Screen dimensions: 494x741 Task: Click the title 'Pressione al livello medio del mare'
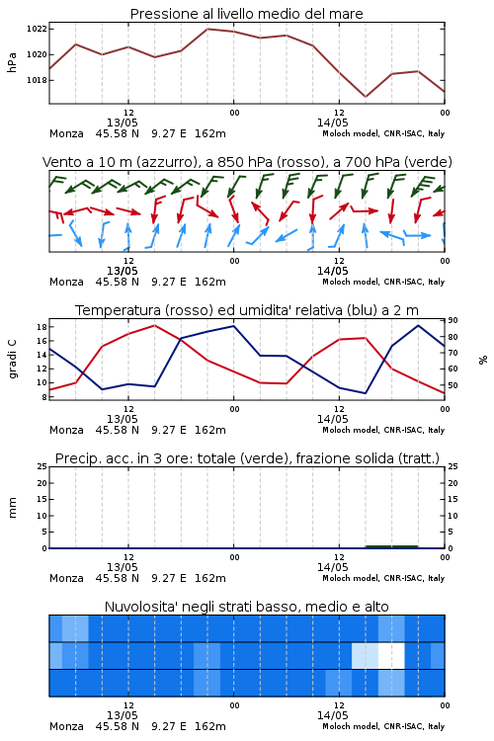(246, 14)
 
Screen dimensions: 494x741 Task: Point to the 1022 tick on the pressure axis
(37, 29)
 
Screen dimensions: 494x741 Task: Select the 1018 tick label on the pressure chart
(37, 80)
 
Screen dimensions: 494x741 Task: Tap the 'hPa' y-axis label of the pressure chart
(12, 62)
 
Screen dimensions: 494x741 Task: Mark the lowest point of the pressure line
(366, 97)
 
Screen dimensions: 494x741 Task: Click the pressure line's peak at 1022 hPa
(207, 29)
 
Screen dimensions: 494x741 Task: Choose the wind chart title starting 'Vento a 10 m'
(247, 162)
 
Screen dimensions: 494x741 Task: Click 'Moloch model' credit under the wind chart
(351, 282)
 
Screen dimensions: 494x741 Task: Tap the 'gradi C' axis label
(12, 359)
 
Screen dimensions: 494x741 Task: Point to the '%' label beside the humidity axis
(483, 360)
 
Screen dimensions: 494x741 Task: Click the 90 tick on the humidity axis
(453, 320)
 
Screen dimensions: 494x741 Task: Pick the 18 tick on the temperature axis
(41, 327)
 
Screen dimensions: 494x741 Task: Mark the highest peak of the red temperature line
(154, 325)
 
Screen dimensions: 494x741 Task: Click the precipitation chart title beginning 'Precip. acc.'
(247, 458)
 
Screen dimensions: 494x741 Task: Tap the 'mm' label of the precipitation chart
(12, 508)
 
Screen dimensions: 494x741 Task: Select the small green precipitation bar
(392, 546)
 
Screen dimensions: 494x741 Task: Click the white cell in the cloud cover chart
(391, 655)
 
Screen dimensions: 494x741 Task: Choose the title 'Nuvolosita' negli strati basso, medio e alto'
(246, 607)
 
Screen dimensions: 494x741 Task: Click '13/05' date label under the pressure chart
(122, 123)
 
